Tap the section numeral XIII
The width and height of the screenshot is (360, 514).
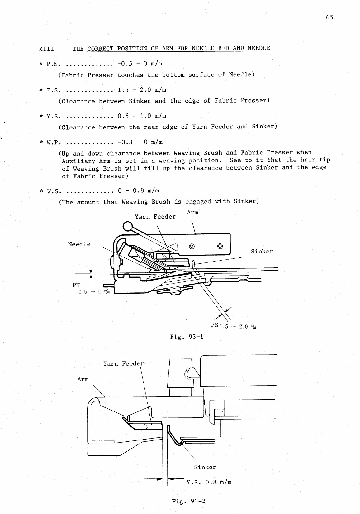pyautogui.click(x=46, y=49)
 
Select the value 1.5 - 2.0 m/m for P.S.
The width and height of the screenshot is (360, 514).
pyautogui.click(x=142, y=90)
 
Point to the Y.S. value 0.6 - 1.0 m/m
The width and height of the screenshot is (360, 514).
pyautogui.click(x=142, y=116)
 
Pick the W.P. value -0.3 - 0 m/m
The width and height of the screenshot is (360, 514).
pyautogui.click(x=140, y=142)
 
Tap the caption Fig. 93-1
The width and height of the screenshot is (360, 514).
pyautogui.click(x=187, y=337)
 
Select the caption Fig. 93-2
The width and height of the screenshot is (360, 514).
pyautogui.click(x=189, y=501)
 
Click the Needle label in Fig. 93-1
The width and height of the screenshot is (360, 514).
pyautogui.click(x=79, y=244)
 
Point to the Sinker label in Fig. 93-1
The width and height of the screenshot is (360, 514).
pyautogui.click(x=262, y=252)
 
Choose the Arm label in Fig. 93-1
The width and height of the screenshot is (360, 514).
pyautogui.click(x=192, y=213)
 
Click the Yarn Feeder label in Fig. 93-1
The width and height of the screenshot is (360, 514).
pyautogui.click(x=155, y=217)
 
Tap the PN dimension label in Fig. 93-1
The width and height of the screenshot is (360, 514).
pyautogui.click(x=76, y=285)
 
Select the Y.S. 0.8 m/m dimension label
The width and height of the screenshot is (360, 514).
pyautogui.click(x=209, y=482)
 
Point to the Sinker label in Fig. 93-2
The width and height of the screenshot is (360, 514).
pyautogui.click(x=205, y=467)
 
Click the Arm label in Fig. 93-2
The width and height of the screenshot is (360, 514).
pyautogui.click(x=83, y=379)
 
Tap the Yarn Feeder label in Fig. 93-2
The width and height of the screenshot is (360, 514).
pyautogui.click(x=123, y=364)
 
